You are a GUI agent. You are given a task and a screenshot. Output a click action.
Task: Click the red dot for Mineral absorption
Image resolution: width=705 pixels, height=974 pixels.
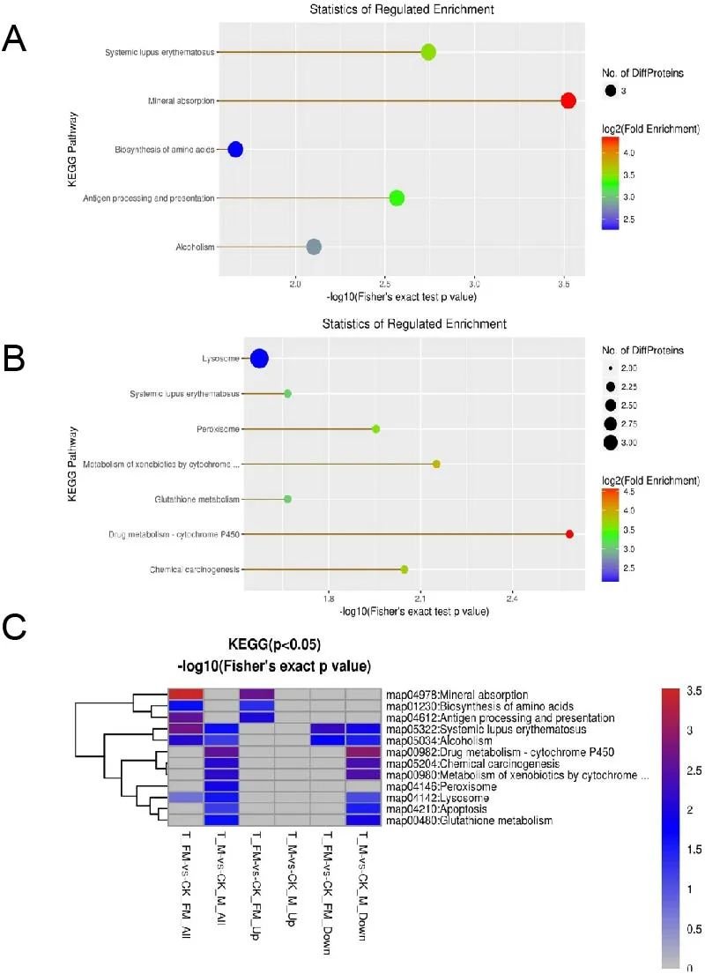[x=568, y=100]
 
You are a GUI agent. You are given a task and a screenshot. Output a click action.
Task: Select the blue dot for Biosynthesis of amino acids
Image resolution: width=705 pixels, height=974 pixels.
[x=235, y=149]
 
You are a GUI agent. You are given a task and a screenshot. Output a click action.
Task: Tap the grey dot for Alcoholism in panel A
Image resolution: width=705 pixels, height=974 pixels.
[x=314, y=247]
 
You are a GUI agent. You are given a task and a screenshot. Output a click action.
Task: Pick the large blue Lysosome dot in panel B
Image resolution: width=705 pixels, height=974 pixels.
[x=259, y=359]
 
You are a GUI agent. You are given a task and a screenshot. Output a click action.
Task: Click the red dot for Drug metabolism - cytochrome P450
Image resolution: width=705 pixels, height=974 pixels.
[x=569, y=534]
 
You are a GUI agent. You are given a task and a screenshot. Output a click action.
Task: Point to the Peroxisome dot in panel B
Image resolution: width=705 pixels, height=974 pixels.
[x=376, y=429]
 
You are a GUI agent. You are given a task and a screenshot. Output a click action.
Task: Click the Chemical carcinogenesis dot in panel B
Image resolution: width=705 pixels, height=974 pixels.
[x=404, y=569]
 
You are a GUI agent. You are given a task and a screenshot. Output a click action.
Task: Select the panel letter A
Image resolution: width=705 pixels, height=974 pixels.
[x=14, y=40]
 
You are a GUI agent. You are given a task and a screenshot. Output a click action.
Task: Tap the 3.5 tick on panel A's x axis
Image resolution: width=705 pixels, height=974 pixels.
[x=564, y=285]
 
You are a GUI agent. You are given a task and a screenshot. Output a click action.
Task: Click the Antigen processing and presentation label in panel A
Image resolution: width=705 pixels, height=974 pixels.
[x=149, y=198]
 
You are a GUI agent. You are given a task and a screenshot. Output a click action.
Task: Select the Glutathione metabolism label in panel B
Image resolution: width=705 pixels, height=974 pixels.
[x=196, y=500]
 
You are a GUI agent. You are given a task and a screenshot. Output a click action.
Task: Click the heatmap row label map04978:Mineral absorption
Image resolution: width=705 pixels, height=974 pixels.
[x=456, y=695]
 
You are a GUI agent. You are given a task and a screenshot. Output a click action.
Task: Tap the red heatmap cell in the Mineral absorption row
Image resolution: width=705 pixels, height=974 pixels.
[x=186, y=695]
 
